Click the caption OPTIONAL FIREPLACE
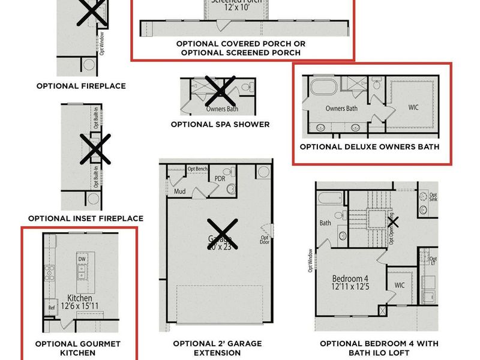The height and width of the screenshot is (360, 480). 81,86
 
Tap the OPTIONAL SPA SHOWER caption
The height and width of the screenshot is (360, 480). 220,124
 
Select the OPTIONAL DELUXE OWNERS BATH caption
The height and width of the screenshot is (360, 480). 370,146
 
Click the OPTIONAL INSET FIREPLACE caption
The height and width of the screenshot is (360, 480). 86,218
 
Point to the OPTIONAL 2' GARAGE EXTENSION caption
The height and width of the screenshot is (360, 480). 217,348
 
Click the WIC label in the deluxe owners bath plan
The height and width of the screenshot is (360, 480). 413,108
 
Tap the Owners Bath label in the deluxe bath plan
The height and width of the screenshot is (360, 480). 341,109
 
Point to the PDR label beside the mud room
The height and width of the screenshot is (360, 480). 220,179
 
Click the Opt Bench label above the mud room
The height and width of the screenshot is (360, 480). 198,169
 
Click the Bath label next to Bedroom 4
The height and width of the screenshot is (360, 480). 325,223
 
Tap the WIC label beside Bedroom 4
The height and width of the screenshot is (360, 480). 400,285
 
